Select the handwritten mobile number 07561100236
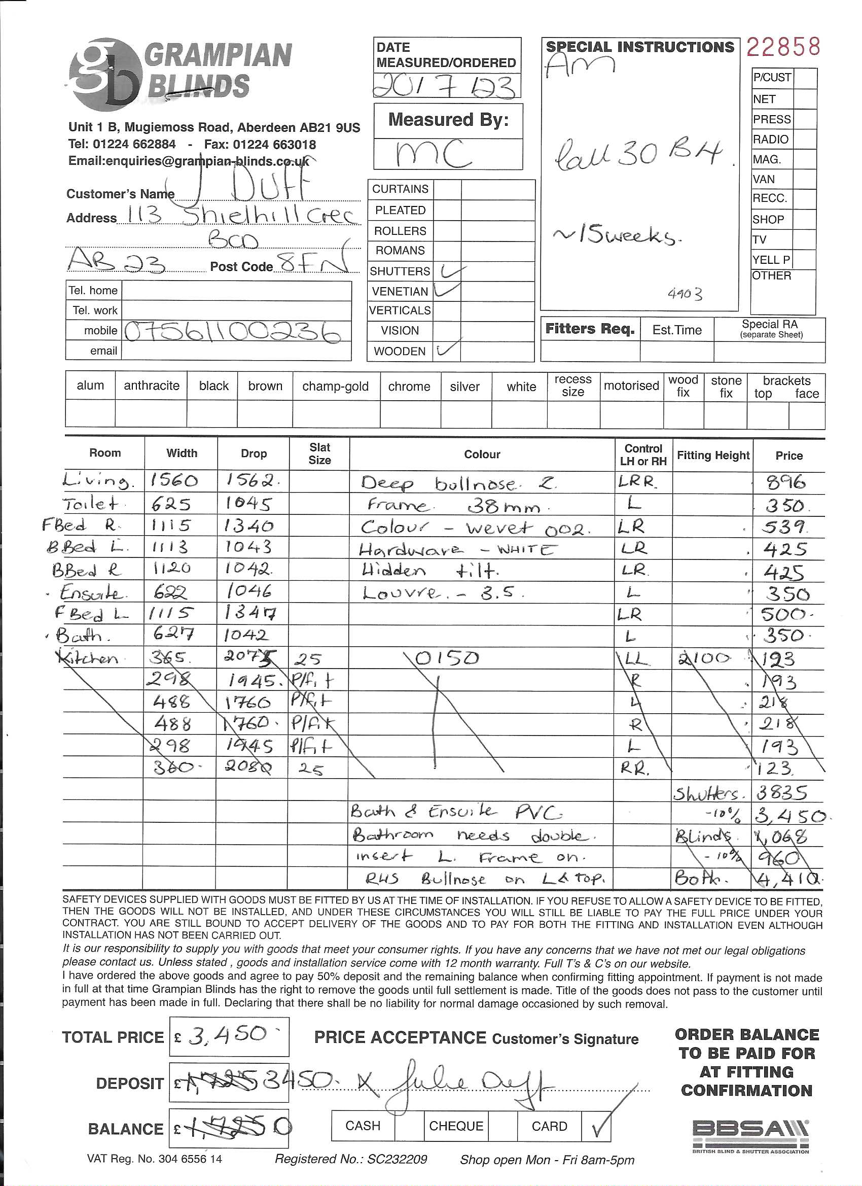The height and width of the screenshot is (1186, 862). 235,332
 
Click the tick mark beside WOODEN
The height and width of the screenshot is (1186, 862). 449,349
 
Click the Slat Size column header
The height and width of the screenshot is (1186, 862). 319,454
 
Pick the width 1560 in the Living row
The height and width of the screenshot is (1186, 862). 174,480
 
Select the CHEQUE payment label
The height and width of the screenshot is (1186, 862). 456,1126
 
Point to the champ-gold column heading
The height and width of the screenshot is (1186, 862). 335,387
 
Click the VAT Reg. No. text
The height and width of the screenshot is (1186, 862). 155,1159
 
